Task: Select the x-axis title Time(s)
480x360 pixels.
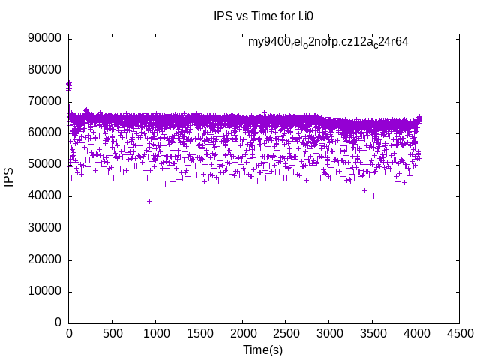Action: click(x=262, y=349)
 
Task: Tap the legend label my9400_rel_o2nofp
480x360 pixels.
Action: click(x=328, y=42)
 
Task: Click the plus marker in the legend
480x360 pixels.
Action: click(x=430, y=43)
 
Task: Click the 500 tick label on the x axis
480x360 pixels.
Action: click(x=112, y=332)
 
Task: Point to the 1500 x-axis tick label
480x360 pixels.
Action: click(x=199, y=332)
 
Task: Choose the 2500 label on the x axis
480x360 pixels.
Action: click(x=286, y=332)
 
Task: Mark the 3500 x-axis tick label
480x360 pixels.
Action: click(x=372, y=332)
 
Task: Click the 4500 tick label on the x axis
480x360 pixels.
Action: click(x=459, y=332)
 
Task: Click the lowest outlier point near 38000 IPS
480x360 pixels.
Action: click(x=149, y=201)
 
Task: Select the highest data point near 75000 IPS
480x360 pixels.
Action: click(x=69, y=83)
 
